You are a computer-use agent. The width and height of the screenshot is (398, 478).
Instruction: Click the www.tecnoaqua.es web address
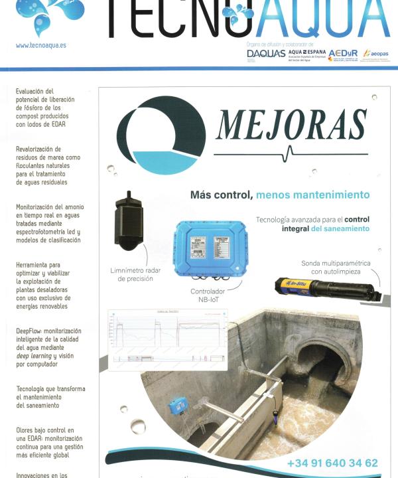[41, 46]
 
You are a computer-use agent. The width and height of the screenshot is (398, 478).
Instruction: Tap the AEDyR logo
[342, 54]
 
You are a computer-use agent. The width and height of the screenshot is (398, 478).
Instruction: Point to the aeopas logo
[376, 54]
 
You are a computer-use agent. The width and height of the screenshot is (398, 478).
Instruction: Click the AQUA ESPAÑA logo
[306, 53]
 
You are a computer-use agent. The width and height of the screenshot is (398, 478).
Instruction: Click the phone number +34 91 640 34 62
[332, 463]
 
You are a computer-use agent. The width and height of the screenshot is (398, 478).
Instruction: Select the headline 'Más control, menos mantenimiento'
[279, 195]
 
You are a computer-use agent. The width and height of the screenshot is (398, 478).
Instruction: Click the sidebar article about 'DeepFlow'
[48, 347]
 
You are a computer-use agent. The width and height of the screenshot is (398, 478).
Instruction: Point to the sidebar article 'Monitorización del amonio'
[50, 224]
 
